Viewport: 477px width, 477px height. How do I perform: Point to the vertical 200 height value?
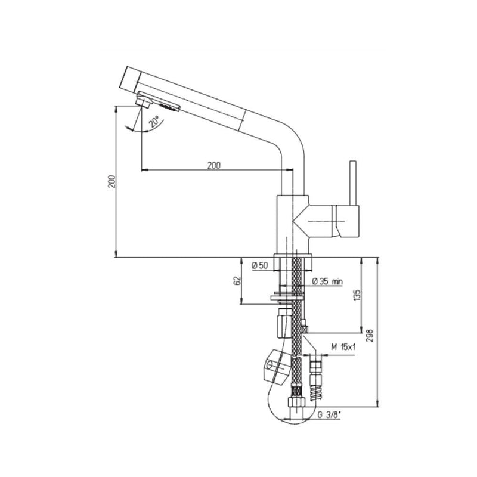click(110, 182)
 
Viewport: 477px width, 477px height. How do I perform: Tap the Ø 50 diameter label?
click(259, 265)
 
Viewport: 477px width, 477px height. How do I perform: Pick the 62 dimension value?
click(237, 281)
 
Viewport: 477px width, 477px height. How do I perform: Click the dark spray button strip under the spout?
click(168, 106)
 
